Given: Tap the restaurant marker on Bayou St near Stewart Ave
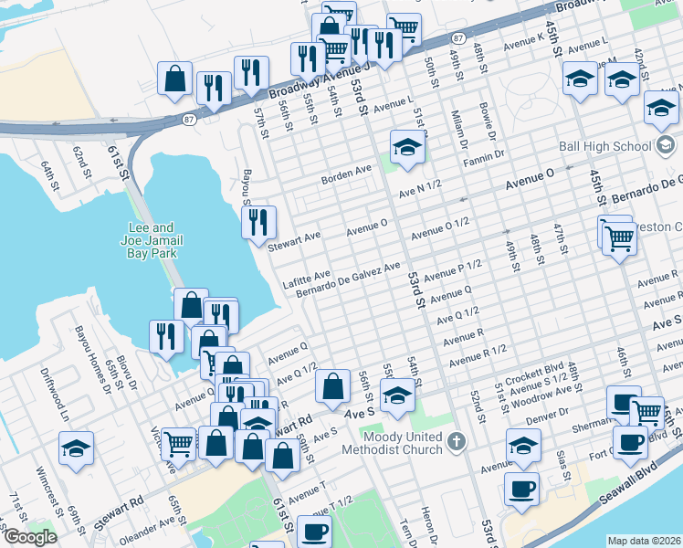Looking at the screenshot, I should [257, 220].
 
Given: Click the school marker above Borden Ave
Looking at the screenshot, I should [407, 145].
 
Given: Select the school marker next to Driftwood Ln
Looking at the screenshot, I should [76, 447].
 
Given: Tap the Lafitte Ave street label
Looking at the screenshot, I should [306, 277].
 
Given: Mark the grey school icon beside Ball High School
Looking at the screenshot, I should [665, 145].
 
